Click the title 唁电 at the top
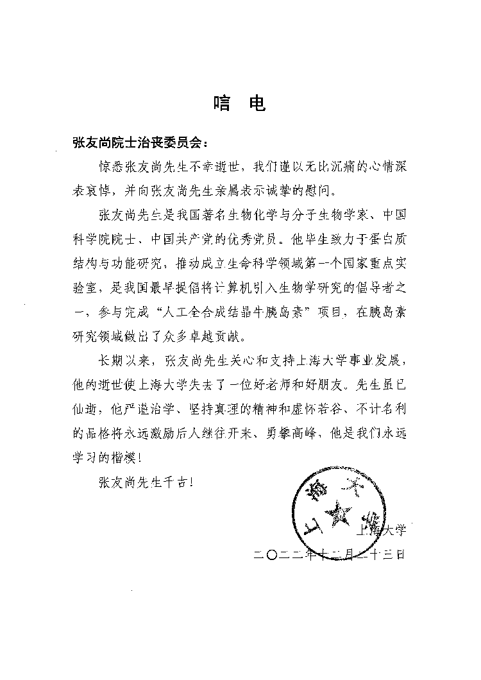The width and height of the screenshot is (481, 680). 239,104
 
